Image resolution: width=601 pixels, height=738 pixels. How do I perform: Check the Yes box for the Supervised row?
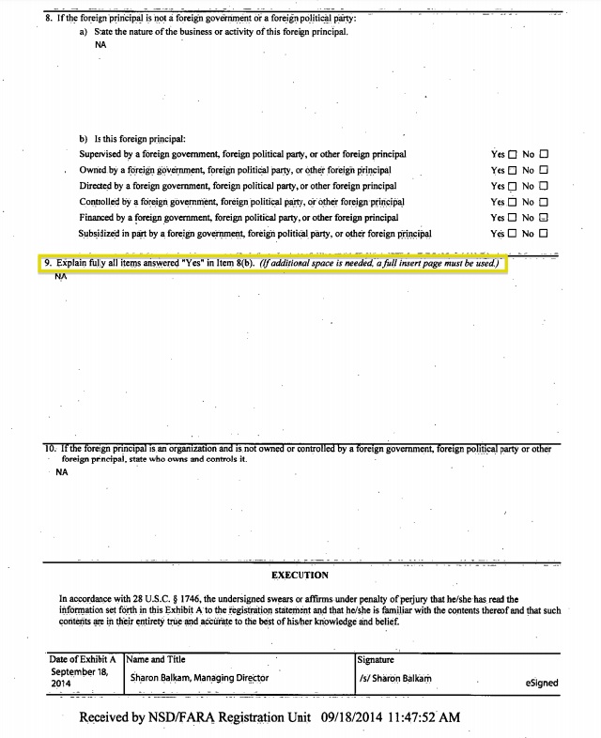click(x=512, y=155)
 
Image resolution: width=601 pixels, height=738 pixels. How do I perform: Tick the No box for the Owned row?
click(x=544, y=171)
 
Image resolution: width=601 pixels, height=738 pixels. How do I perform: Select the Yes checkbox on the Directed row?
click(x=512, y=187)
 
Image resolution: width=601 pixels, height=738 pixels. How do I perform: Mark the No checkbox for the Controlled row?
click(x=544, y=202)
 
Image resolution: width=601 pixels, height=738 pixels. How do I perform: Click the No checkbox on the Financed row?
click(x=544, y=218)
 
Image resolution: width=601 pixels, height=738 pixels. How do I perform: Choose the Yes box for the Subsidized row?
click(x=512, y=234)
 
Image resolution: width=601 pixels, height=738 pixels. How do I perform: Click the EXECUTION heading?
click(x=300, y=575)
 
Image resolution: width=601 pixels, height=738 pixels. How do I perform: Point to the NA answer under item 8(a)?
click(x=100, y=44)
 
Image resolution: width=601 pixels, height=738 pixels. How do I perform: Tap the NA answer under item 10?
click(x=62, y=472)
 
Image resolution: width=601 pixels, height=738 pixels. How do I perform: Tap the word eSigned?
click(x=542, y=684)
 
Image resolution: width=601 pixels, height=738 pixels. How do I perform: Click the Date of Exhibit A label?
click(x=82, y=659)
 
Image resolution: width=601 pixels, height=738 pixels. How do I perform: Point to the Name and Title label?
click(x=156, y=659)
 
